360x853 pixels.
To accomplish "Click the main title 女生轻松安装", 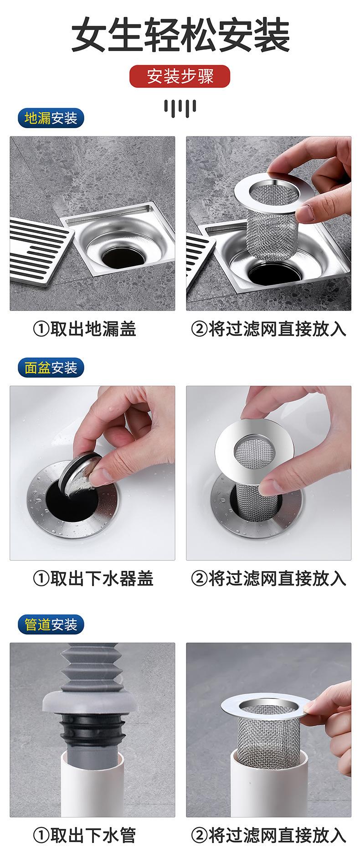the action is pos(180,36).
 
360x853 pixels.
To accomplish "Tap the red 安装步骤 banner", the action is pos(180,76).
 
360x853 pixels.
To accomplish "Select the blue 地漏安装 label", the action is pos(51,119).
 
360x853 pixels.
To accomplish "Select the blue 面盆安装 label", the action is pos(51,367).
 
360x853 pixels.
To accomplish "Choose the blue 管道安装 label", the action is pos(51,624).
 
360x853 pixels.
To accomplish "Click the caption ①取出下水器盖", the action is pos(93,578).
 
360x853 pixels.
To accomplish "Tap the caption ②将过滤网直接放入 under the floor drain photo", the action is pos(269,328).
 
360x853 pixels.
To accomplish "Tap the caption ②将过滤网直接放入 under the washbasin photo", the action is pos(269,578).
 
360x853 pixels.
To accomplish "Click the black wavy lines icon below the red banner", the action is pos(180,106).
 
